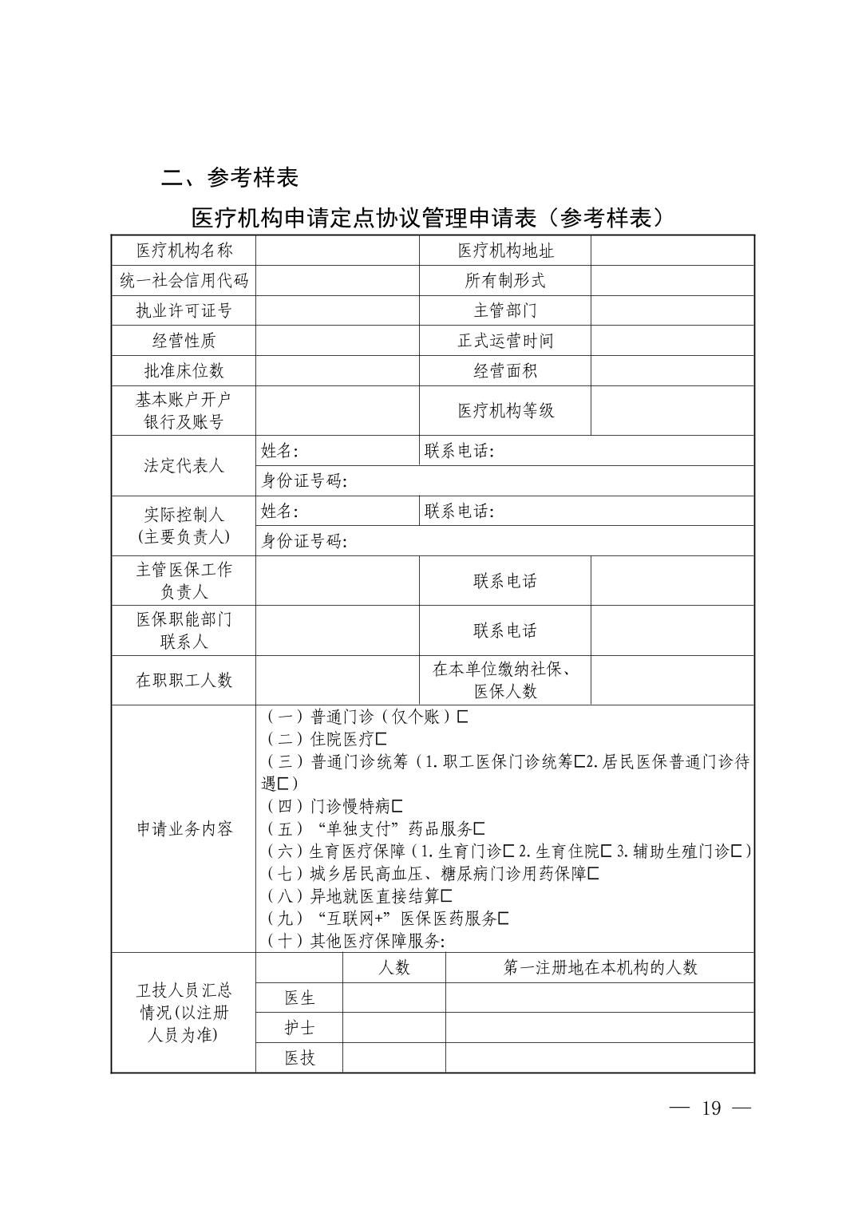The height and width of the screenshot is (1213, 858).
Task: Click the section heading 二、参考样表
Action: point(230,177)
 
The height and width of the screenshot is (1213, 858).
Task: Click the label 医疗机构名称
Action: point(184,251)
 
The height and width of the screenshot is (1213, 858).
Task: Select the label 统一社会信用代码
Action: point(184,281)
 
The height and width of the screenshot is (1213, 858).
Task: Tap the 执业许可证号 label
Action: point(184,310)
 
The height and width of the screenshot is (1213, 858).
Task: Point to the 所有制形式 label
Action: point(505,281)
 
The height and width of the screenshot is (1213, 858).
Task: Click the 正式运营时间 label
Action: point(505,341)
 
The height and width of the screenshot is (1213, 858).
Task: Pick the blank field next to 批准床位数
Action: point(338,371)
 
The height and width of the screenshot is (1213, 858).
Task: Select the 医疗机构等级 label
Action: point(505,411)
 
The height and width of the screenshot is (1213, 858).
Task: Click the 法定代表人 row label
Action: point(184,466)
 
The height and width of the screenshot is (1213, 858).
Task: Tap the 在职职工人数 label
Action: point(184,681)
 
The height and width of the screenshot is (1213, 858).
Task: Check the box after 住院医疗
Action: point(381,740)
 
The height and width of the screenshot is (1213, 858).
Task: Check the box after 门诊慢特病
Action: point(397,807)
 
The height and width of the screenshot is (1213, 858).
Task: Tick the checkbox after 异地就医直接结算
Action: point(446,896)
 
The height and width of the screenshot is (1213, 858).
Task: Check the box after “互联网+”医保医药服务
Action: point(503,919)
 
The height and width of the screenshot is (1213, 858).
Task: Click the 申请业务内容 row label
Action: point(184,829)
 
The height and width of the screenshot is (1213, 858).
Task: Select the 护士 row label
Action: point(299,1028)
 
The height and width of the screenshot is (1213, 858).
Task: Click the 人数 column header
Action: point(393,968)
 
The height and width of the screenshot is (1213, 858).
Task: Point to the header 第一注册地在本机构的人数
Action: point(600,968)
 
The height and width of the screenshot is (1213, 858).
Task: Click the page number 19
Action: point(710,1108)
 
